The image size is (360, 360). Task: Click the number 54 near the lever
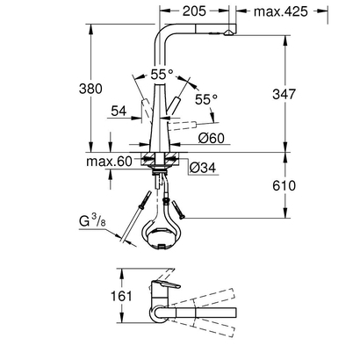coord(118,111)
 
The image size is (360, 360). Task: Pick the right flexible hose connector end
coord(179,210)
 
